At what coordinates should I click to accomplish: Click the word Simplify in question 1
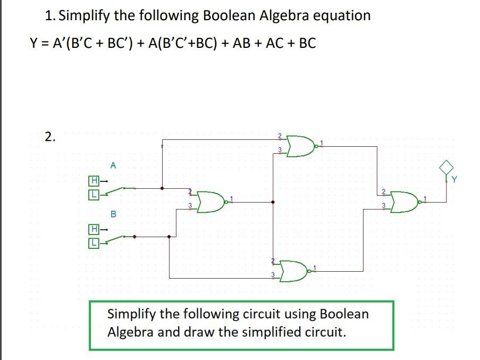click(85, 15)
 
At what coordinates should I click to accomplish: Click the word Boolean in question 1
click(229, 15)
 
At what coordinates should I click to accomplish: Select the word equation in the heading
click(341, 15)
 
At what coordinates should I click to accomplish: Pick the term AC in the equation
click(271, 43)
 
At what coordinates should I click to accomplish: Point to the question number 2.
click(49, 137)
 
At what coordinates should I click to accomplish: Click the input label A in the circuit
click(113, 166)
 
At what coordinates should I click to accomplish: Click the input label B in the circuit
click(113, 214)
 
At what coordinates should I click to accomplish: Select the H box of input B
click(93, 230)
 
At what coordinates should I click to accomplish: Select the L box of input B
click(93, 243)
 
